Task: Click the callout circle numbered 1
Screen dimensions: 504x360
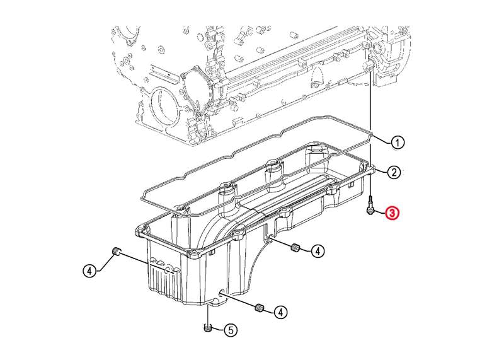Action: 398,142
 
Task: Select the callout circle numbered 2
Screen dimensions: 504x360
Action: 394,173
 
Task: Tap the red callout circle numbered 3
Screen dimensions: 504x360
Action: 392,212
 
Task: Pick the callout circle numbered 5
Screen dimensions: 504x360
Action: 231,330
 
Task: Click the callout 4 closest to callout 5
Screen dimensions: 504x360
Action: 280,311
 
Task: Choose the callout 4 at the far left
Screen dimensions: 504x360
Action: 89,271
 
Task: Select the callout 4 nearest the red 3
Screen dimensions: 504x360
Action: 318,251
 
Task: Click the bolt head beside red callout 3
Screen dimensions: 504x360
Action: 370,211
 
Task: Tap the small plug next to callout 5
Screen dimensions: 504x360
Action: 208,328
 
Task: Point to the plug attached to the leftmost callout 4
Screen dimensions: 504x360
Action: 116,251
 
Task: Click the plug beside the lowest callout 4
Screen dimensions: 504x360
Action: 259,308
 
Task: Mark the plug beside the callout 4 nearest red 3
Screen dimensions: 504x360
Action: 295,248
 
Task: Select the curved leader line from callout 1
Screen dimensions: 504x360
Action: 382,139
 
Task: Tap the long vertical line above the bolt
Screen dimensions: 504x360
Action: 370,134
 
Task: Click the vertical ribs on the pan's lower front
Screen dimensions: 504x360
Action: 164,281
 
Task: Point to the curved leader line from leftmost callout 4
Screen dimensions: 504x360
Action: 105,262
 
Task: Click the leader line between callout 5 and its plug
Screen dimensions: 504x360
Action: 217,329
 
